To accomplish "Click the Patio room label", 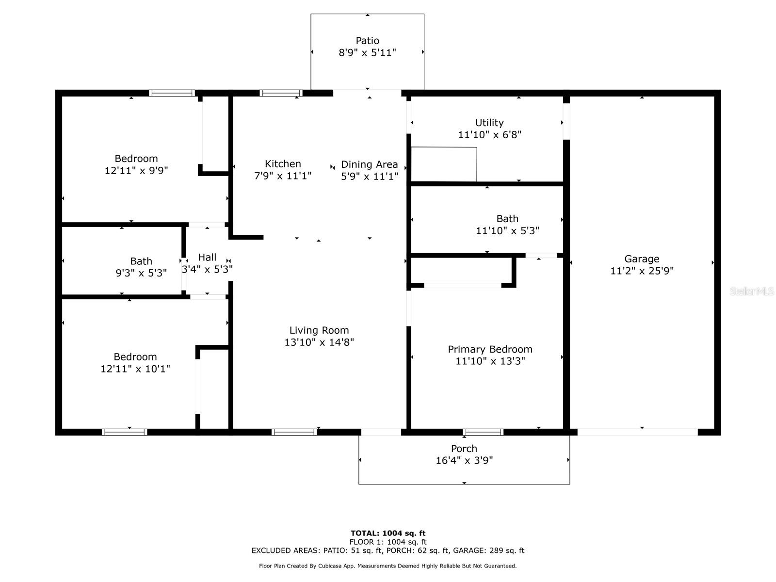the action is tap(367, 41).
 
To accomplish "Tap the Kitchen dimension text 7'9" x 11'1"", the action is tap(283, 176).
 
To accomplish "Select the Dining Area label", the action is tap(370, 164).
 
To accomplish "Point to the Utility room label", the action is tap(489, 123).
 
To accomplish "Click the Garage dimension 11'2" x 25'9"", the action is tap(642, 271).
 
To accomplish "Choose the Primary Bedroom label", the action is tap(490, 349).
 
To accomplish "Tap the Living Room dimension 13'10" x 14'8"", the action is tap(319, 342).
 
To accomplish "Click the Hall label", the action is tap(207, 257).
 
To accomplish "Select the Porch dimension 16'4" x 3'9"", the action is tap(464, 460).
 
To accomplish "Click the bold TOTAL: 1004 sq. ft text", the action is tap(388, 533).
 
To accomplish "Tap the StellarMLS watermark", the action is tap(752, 291).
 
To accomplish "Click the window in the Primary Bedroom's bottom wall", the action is tap(483, 432).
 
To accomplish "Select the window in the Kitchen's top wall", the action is tap(281, 93).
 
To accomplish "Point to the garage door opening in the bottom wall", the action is tap(637, 432).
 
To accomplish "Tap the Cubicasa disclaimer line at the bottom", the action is tap(388, 566).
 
